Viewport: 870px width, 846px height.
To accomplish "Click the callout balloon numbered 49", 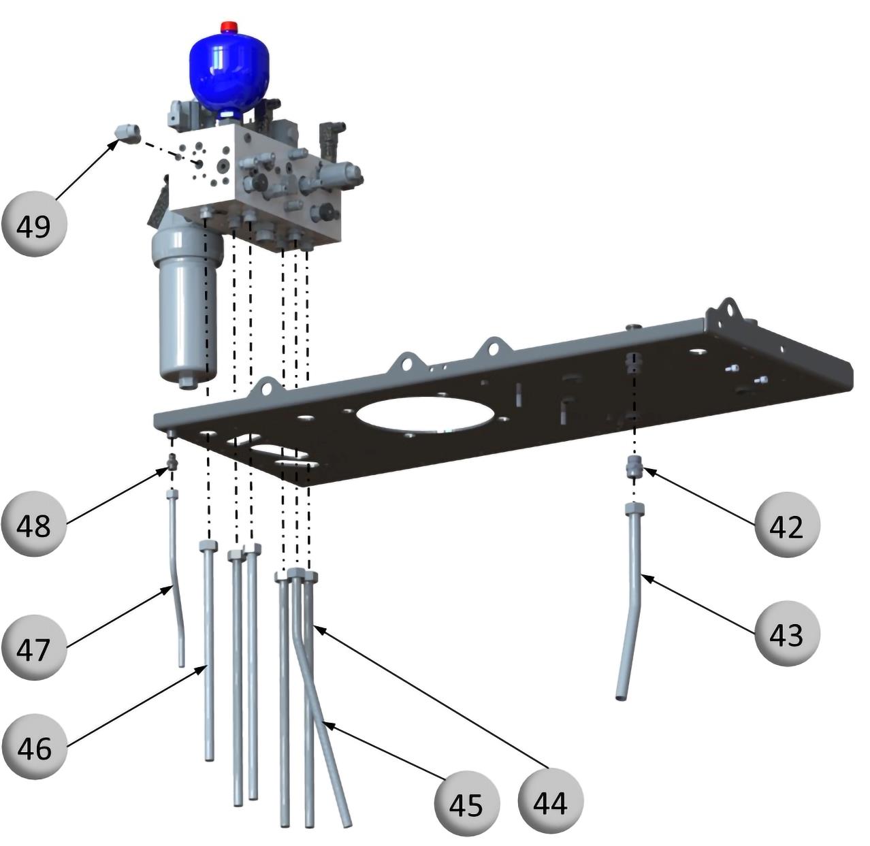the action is click(x=35, y=224).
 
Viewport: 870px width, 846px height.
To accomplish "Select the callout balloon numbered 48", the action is click(x=34, y=523).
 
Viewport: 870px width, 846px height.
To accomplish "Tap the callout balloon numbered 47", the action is click(x=34, y=647).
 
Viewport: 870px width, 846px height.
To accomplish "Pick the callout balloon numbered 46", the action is click(x=35, y=746).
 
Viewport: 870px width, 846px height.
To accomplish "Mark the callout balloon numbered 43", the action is click(x=788, y=634).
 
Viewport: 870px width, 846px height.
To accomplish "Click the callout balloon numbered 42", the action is click(x=788, y=525).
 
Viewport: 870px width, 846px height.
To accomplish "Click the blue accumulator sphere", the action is click(x=230, y=73).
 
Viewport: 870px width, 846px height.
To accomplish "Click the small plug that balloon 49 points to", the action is click(x=127, y=133).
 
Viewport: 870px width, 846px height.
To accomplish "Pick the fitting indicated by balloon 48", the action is click(x=172, y=461).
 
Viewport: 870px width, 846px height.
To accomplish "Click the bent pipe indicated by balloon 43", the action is click(x=631, y=600).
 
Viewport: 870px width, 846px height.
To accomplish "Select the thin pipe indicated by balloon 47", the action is click(x=176, y=577).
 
